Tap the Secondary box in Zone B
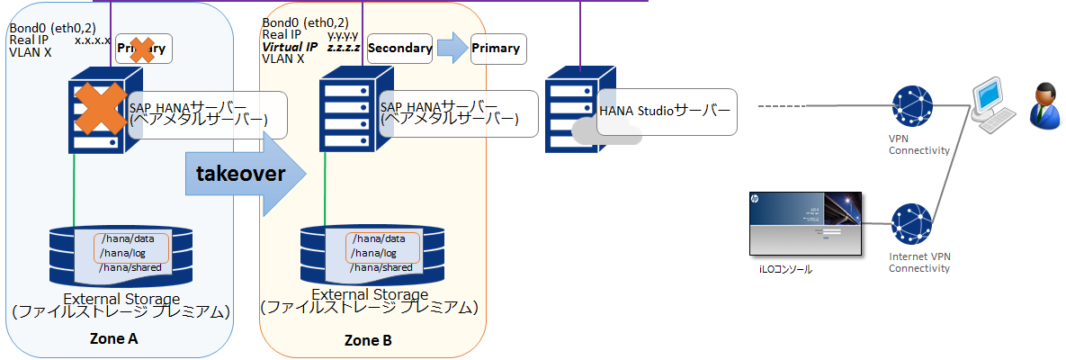(400, 48)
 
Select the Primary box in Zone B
(496, 48)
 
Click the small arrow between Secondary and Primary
(452, 48)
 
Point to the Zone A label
(114, 339)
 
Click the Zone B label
(368, 341)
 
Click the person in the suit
(1044, 103)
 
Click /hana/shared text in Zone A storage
(125, 267)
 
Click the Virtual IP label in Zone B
(289, 47)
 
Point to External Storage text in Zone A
(121, 299)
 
